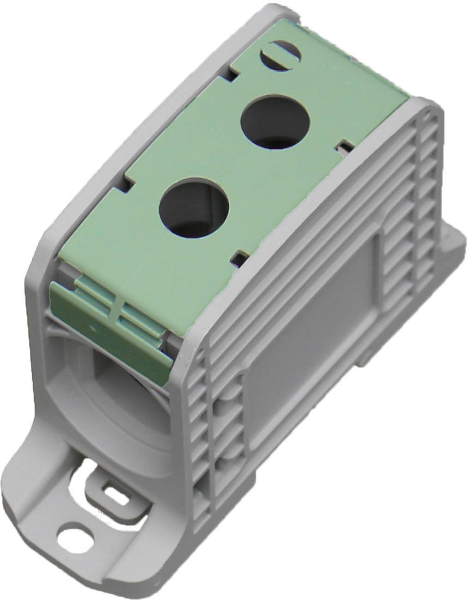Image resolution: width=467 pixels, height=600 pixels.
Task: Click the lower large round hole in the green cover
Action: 194,202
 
